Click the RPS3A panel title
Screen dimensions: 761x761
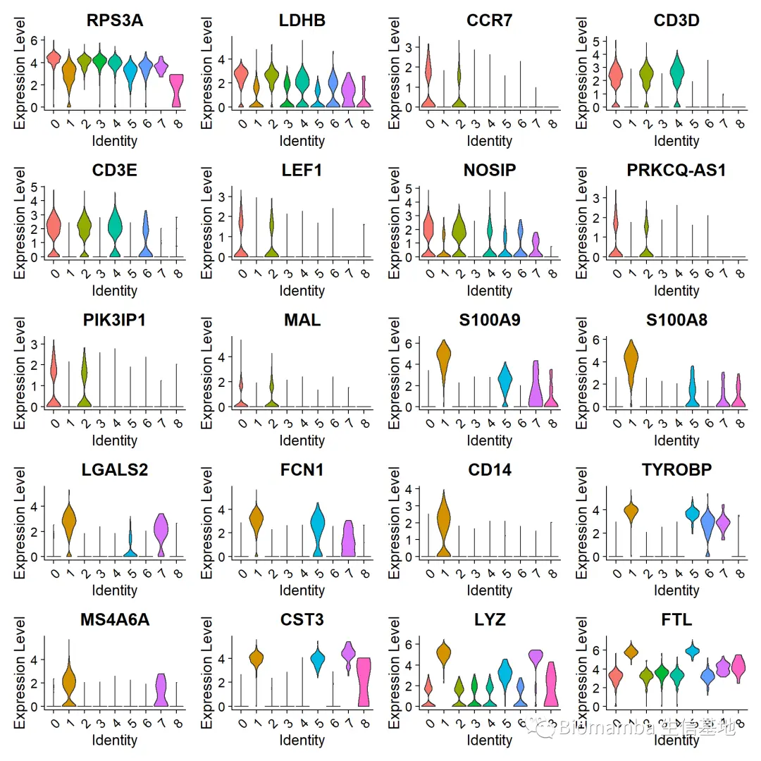click(x=115, y=20)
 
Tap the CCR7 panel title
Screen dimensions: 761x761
click(x=489, y=20)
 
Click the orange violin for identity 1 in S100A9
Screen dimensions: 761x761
click(x=443, y=359)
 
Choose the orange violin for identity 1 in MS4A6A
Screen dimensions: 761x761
click(x=69, y=683)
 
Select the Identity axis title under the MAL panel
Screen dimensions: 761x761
click(x=302, y=440)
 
